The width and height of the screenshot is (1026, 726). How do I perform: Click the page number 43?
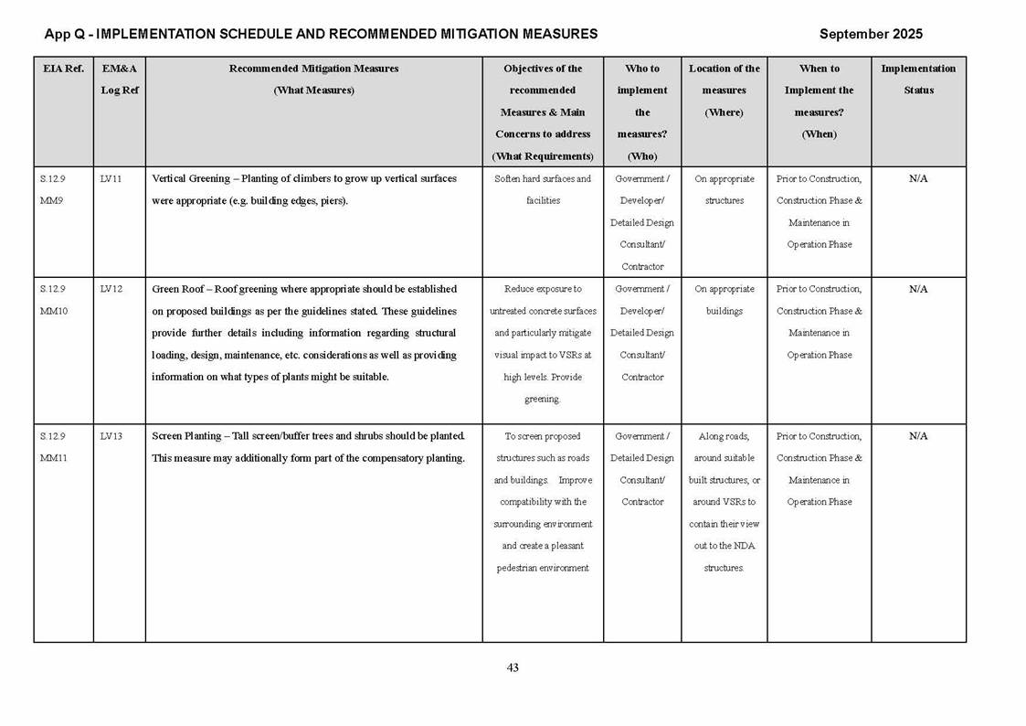pyautogui.click(x=513, y=668)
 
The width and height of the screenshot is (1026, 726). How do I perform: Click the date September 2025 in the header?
pyautogui.click(x=871, y=34)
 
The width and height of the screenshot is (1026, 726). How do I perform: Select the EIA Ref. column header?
pyautogui.click(x=63, y=69)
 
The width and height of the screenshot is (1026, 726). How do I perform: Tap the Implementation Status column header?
pyautogui.click(x=918, y=80)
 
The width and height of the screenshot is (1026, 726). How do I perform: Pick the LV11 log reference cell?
pyautogui.click(x=111, y=179)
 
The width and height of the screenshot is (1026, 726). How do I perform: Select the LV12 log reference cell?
pyautogui.click(x=111, y=289)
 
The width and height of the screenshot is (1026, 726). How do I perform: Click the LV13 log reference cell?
pyautogui.click(x=111, y=436)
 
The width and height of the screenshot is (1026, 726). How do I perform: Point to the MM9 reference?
pyautogui.click(x=51, y=201)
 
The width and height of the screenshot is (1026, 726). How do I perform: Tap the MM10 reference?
pyautogui.click(x=54, y=311)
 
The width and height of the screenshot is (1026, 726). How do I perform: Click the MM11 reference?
pyautogui.click(x=54, y=458)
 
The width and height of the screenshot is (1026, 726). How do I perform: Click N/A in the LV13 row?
pyautogui.click(x=918, y=436)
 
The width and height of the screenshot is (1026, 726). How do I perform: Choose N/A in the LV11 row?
pyautogui.click(x=918, y=179)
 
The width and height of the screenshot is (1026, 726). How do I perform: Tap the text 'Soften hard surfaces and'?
pyautogui.click(x=543, y=179)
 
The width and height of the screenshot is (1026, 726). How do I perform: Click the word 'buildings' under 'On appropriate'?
pyautogui.click(x=725, y=311)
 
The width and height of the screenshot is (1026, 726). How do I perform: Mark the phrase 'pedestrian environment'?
pyautogui.click(x=543, y=568)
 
